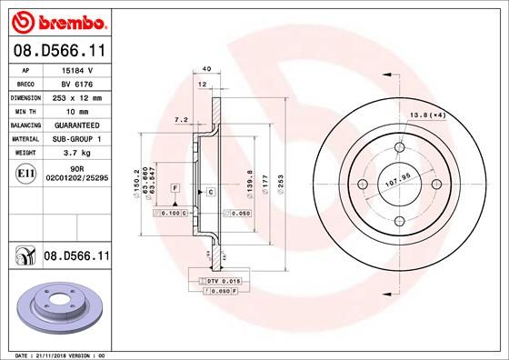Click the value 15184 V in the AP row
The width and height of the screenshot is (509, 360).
coord(78,70)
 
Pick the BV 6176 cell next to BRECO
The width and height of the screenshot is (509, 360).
coord(78,83)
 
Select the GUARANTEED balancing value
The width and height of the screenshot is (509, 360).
coord(78,125)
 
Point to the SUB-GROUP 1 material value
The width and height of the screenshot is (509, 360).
coord(78,139)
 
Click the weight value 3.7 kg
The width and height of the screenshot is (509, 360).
coord(78,153)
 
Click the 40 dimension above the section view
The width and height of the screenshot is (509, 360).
coord(206,69)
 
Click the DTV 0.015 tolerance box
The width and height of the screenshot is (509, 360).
coord(221,283)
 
